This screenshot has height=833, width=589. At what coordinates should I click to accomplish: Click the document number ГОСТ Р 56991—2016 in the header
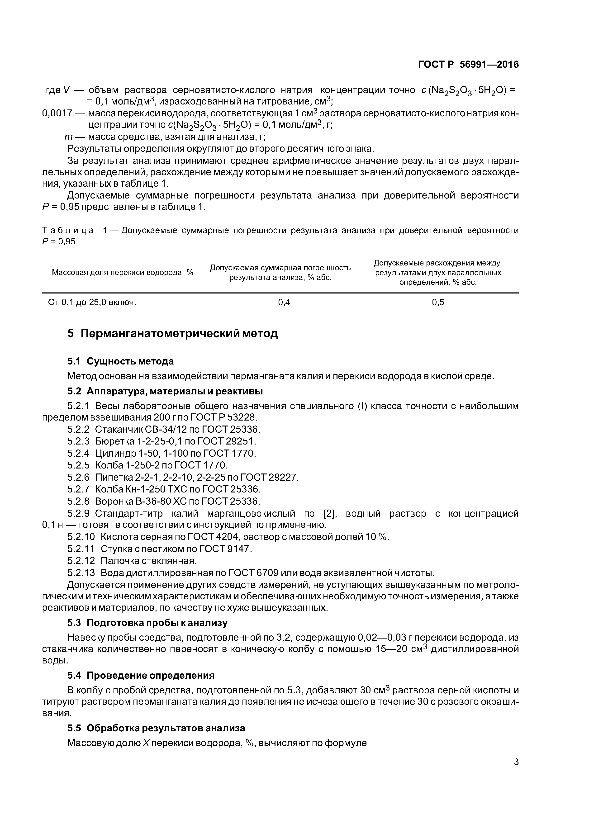(468, 65)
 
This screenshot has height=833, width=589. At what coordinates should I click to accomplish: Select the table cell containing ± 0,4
(280, 302)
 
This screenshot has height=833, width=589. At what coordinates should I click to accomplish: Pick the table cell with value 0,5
(438, 302)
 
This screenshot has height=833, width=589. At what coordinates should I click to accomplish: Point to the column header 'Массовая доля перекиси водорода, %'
(122, 272)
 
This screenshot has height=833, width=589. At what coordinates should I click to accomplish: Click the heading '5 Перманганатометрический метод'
(173, 333)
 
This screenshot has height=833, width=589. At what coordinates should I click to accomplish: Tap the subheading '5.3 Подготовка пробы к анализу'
(147, 623)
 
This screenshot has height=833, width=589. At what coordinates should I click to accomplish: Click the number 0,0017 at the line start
(57, 113)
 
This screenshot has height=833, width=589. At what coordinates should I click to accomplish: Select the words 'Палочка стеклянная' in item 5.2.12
(148, 561)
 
